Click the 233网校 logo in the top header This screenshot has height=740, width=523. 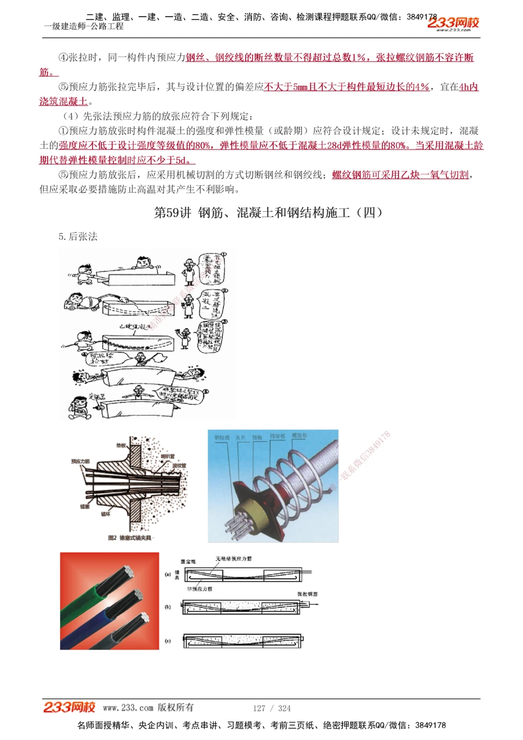coord(453,23)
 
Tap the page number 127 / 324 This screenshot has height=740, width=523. coord(271,708)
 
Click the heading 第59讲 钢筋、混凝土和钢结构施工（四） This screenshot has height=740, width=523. coord(268,212)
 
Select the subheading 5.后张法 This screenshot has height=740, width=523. coord(78,236)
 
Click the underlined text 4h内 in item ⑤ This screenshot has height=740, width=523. coord(469,87)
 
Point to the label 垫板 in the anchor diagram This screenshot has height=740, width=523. coord(121,446)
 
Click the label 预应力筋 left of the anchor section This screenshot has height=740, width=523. coord(80,461)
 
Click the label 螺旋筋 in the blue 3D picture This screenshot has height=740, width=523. coord(300,435)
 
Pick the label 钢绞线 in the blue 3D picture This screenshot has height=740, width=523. coord(222,437)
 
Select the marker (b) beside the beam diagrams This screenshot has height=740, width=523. coord(168,607)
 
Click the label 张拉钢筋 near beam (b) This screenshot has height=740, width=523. coord(307,594)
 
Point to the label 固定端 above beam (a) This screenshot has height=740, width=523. coord(188,562)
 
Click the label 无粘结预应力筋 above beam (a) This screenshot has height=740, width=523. coord(233,559)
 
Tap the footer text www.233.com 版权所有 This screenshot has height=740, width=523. coord(148,708)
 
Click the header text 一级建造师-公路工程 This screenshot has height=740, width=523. coord(84,26)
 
